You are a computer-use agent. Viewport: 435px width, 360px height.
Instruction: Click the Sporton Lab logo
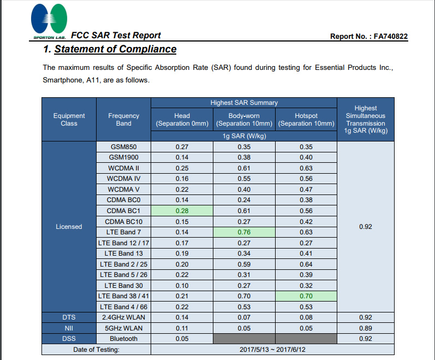pyautogui.click(x=49, y=21)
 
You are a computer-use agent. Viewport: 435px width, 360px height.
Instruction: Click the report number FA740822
pyautogui.click(x=390, y=37)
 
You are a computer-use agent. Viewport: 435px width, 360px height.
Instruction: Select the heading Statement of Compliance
pyautogui.click(x=110, y=49)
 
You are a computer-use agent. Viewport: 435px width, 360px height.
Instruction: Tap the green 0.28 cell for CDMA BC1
pyautogui.click(x=182, y=211)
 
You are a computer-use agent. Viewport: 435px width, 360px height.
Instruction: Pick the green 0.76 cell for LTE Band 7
pyautogui.click(x=244, y=232)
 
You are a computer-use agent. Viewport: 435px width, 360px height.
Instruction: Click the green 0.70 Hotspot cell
pyautogui.click(x=306, y=296)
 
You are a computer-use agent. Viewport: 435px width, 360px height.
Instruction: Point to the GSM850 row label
pyautogui.click(x=124, y=147)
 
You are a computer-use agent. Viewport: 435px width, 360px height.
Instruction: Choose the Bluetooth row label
pyautogui.click(x=124, y=339)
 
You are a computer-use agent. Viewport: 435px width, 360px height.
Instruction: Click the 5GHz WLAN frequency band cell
pyautogui.click(x=124, y=328)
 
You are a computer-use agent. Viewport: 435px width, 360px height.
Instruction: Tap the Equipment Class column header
pyautogui.click(x=69, y=120)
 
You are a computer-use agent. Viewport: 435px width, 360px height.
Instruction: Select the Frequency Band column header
pyautogui.click(x=124, y=120)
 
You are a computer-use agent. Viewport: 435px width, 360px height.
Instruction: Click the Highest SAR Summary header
pyautogui.click(x=244, y=103)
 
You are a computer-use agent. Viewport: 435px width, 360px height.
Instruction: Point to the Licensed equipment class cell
pyautogui.click(x=69, y=227)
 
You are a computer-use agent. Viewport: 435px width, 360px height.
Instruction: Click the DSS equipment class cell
pyautogui.click(x=69, y=339)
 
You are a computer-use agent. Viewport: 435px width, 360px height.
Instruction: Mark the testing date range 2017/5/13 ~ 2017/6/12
pyautogui.click(x=272, y=350)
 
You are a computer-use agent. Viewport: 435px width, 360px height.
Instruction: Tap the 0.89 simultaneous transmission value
pyautogui.click(x=366, y=328)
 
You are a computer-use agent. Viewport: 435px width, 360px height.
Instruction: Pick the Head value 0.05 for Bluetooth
pyautogui.click(x=182, y=339)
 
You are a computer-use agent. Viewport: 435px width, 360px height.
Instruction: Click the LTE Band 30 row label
pyautogui.click(x=124, y=285)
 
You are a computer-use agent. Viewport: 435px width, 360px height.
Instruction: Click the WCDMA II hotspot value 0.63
pyautogui.click(x=306, y=168)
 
